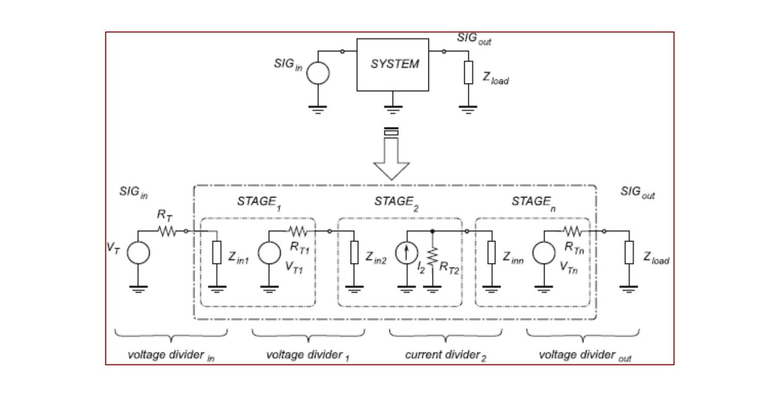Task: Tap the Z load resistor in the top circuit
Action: tap(468, 73)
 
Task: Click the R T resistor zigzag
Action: tap(167, 231)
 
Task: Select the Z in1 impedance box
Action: tap(217, 252)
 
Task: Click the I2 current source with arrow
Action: tap(406, 252)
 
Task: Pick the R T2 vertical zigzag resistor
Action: tap(433, 257)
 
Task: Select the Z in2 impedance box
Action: tap(354, 252)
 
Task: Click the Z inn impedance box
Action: tap(492, 252)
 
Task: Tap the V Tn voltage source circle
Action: tap(544, 252)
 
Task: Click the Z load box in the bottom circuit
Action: tap(629, 252)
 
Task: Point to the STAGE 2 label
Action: tap(396, 203)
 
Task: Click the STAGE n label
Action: tap(534, 203)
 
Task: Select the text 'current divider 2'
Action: tap(446, 356)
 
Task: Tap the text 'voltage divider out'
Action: tap(585, 356)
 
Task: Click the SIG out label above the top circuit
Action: tap(474, 38)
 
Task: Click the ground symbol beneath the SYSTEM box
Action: tap(393, 109)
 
